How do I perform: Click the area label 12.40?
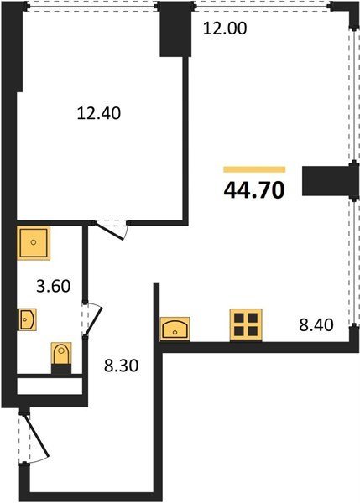tap(99, 113)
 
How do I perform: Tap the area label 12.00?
tap(225, 29)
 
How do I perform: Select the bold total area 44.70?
tap(254, 190)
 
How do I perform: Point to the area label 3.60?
tap(54, 286)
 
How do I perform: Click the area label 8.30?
tap(122, 366)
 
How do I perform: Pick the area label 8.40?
tap(316, 325)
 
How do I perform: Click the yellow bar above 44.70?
tap(254, 169)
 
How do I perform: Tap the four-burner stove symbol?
tap(246, 324)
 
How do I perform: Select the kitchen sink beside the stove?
tap(175, 329)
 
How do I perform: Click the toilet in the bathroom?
tap(61, 354)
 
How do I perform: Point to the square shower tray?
tap(34, 243)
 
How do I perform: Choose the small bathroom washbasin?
tap(27, 319)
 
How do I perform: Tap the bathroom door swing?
tap(93, 321)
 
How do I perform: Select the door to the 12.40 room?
tap(110, 231)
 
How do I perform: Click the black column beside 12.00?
tap(175, 29)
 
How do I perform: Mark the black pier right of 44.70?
tap(330, 181)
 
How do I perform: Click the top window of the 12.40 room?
tap(91, 7)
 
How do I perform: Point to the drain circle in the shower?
tap(34, 242)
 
